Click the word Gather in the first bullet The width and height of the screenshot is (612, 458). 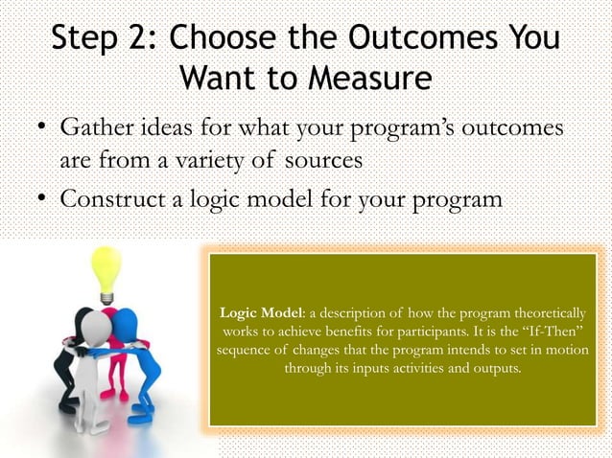[x=100, y=128]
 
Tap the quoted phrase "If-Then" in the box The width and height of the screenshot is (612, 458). [x=542, y=332]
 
